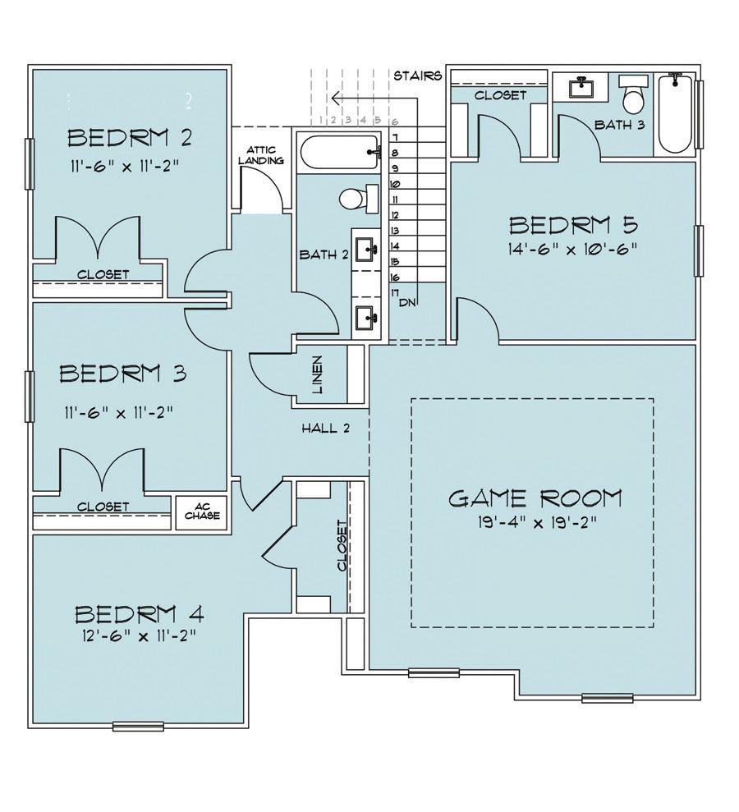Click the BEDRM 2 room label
click(x=130, y=138)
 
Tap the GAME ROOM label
click(x=535, y=498)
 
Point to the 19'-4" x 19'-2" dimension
click(x=538, y=522)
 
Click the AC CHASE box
click(x=202, y=512)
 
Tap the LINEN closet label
click(x=318, y=374)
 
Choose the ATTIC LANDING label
click(x=261, y=155)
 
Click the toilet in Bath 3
click(x=633, y=94)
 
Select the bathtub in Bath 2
click(x=341, y=152)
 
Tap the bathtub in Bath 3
click(x=675, y=113)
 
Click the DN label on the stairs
click(x=408, y=303)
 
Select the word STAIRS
click(x=418, y=76)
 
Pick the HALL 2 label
click(x=326, y=428)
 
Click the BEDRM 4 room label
click(x=140, y=614)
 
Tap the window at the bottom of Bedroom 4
click(x=138, y=726)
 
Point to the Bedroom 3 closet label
click(x=103, y=507)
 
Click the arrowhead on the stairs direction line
click(x=336, y=98)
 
